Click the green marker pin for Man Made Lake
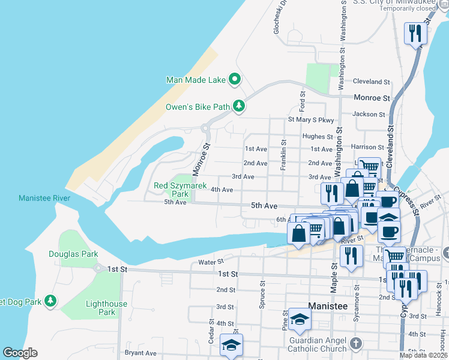click(x=235, y=79)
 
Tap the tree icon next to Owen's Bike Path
click(x=240, y=107)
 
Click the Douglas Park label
click(x=73, y=254)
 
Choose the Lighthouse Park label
click(x=106, y=308)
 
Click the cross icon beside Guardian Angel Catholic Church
click(x=356, y=344)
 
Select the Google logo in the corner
click(x=20, y=353)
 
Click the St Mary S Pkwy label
click(x=310, y=119)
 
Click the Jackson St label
click(x=369, y=114)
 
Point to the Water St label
click(x=211, y=261)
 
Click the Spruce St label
click(x=262, y=294)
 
